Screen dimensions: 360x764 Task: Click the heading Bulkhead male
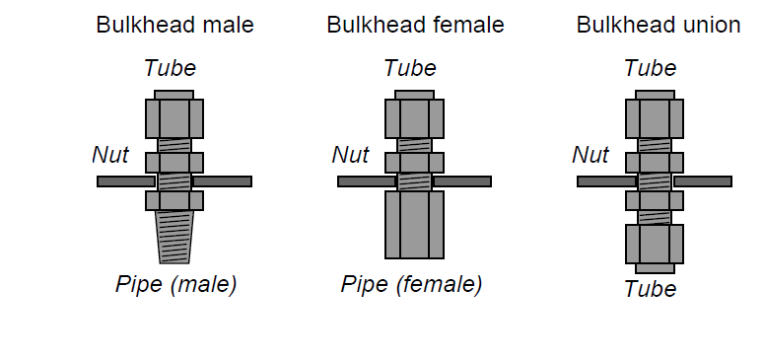point(174,26)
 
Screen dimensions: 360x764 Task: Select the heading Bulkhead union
point(658,26)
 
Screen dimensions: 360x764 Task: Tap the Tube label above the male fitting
point(170,68)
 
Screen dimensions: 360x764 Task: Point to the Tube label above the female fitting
point(410,68)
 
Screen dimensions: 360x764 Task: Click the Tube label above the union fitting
point(650,68)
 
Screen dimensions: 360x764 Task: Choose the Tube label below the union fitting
point(650,289)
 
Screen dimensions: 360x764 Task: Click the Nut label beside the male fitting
point(110,154)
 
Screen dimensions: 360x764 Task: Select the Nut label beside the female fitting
point(350,154)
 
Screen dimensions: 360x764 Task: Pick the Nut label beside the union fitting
point(590,154)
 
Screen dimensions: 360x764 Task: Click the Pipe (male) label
point(175,285)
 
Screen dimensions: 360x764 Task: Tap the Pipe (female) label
point(411,285)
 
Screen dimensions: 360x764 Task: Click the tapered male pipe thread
point(174,239)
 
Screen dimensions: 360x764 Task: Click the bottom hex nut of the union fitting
point(655,245)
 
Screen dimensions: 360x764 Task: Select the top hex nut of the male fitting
point(174,118)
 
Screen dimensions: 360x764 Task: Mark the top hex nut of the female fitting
point(414,118)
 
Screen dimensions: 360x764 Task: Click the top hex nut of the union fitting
point(655,118)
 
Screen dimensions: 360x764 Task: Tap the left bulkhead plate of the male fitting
point(125,181)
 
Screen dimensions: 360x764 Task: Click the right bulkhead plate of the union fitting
point(702,181)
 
